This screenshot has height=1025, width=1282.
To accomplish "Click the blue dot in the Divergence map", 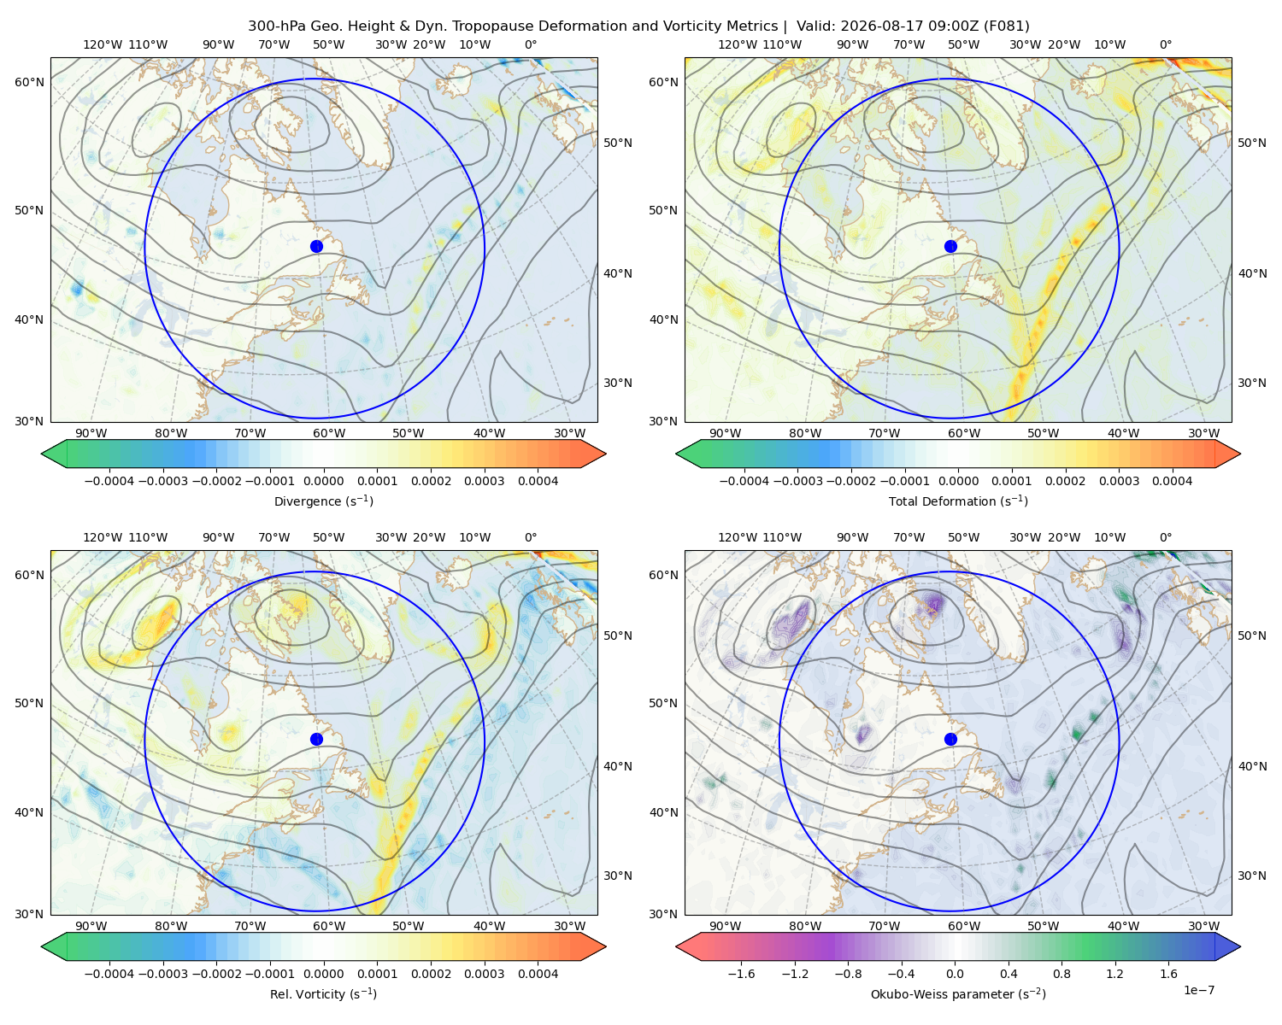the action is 316,246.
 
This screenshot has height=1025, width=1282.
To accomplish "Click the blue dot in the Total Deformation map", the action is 950,246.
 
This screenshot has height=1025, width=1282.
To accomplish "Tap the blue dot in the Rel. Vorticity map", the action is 316,739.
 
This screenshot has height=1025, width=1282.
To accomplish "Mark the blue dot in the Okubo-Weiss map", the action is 950,739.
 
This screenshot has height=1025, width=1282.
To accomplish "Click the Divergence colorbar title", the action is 323,501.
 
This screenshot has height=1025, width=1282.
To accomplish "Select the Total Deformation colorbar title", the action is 958,501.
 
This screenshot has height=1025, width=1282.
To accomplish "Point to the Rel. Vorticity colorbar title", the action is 323,993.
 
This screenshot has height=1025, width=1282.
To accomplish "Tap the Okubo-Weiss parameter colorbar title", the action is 958,993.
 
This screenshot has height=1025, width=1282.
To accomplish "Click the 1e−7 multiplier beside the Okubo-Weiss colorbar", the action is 1198,990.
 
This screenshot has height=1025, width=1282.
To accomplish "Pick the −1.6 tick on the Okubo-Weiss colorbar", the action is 741,974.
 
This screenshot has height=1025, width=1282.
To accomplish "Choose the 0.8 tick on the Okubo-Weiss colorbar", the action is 1061,974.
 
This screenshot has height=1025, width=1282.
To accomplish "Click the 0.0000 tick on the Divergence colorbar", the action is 323,481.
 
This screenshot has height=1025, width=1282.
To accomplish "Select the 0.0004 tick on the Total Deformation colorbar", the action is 1172,481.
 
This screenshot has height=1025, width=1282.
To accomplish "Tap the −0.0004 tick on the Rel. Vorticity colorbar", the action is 109,974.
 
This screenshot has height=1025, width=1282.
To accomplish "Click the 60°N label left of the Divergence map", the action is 29,82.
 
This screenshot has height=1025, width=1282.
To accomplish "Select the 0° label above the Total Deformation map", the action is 1165,44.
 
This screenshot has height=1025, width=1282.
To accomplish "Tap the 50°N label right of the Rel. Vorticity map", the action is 618,635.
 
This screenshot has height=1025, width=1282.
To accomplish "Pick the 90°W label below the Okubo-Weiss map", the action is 725,926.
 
